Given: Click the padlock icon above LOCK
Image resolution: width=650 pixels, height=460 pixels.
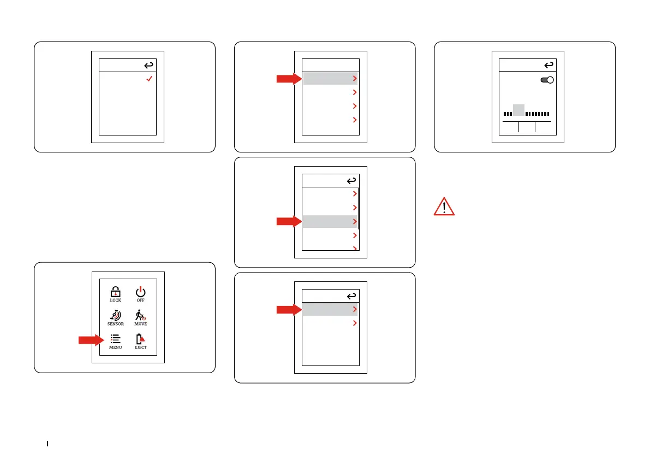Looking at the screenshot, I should pyautogui.click(x=115, y=292).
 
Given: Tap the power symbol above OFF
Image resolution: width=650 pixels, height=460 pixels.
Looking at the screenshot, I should pyautogui.click(x=141, y=291).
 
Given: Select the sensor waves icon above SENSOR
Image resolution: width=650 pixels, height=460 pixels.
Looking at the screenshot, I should pyautogui.click(x=115, y=315).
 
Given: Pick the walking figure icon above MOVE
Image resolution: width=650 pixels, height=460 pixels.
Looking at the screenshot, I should pyautogui.click(x=140, y=315).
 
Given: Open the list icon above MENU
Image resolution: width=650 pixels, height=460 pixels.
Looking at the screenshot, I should pyautogui.click(x=115, y=339).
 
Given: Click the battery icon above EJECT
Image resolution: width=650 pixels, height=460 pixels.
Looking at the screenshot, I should pyautogui.click(x=140, y=339).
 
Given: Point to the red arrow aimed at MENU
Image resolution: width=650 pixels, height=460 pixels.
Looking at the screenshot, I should pyautogui.click(x=91, y=340).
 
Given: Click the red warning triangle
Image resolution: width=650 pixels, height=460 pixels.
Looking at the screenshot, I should pyautogui.click(x=444, y=207).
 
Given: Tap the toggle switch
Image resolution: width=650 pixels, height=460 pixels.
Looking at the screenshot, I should pyautogui.click(x=546, y=80).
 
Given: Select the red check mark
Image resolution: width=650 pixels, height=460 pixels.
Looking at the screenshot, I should pyautogui.click(x=148, y=80).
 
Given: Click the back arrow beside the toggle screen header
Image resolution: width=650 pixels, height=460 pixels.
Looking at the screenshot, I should pyautogui.click(x=548, y=65).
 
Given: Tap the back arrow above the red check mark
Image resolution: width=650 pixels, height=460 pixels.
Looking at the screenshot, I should pyautogui.click(x=148, y=66).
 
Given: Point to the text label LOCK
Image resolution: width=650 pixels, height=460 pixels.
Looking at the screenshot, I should pyautogui.click(x=115, y=300).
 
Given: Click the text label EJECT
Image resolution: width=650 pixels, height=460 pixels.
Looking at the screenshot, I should pyautogui.click(x=140, y=347).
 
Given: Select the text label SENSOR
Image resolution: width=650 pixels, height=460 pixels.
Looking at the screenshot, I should pyautogui.click(x=115, y=324).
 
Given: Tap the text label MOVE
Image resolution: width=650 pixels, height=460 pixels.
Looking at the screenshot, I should pyautogui.click(x=140, y=324).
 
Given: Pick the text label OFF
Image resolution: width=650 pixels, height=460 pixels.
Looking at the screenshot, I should pyautogui.click(x=141, y=300).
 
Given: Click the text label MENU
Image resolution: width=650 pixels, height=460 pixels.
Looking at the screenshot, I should pyautogui.click(x=115, y=347).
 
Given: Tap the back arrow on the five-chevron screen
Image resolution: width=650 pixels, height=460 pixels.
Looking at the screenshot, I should pyautogui.click(x=351, y=180).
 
